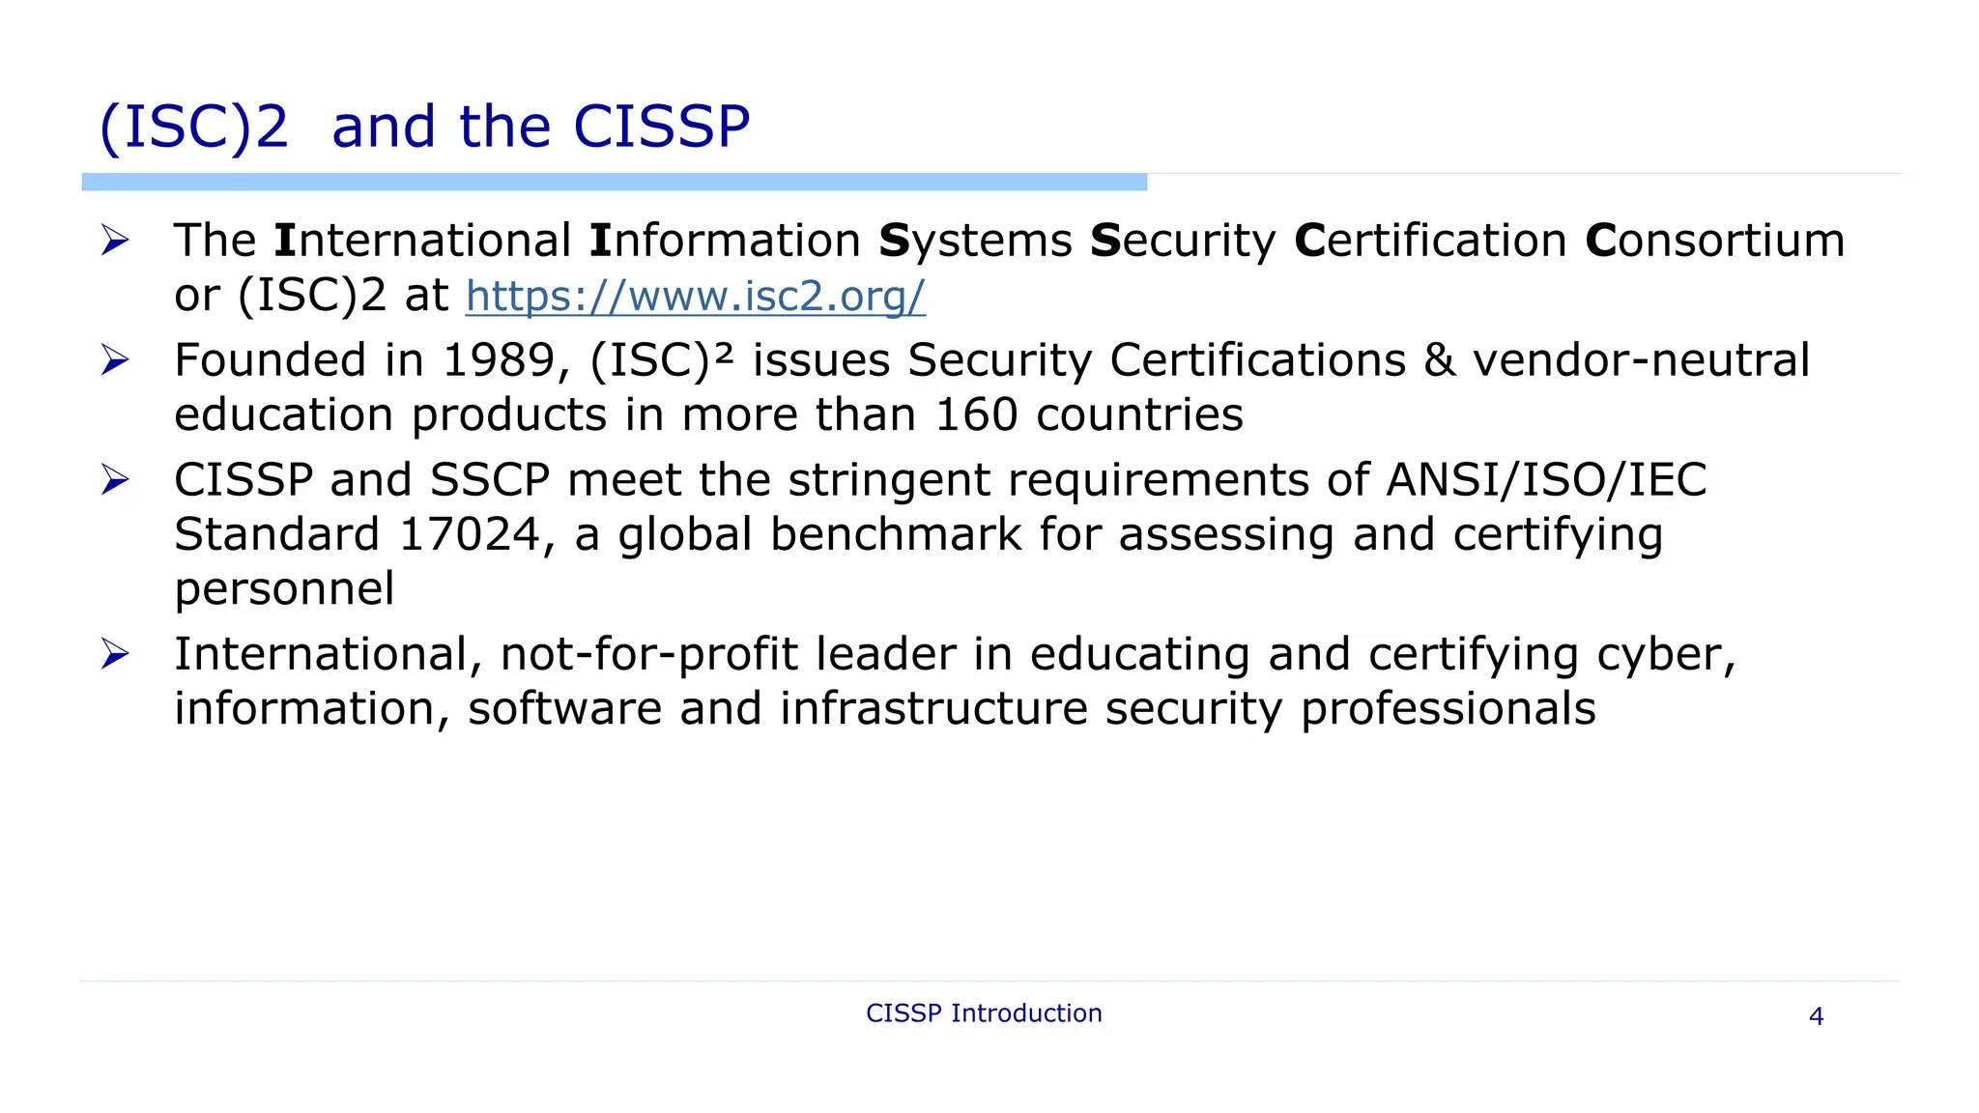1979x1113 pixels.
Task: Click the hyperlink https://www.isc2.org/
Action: pos(695,296)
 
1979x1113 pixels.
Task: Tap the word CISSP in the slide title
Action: pos(661,127)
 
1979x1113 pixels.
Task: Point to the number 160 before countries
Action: pos(976,414)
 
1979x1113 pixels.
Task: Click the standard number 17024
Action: pos(470,534)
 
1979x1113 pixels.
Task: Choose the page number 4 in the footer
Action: pos(1816,1016)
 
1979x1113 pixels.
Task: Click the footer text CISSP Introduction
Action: pos(984,1013)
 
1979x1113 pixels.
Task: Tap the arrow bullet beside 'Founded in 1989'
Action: pos(115,360)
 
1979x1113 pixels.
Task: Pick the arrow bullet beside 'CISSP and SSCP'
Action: pos(115,480)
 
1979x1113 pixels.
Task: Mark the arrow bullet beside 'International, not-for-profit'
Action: pos(115,654)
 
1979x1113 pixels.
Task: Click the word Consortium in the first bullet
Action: pos(1714,241)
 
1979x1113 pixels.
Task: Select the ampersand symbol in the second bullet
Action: pos(1439,360)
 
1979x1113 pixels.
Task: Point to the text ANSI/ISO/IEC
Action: pos(1546,480)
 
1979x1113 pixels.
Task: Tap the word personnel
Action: pos(284,589)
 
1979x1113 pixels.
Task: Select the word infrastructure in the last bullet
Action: pos(933,708)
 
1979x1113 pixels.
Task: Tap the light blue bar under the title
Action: pos(614,182)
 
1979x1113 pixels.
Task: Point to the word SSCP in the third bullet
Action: pos(490,480)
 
